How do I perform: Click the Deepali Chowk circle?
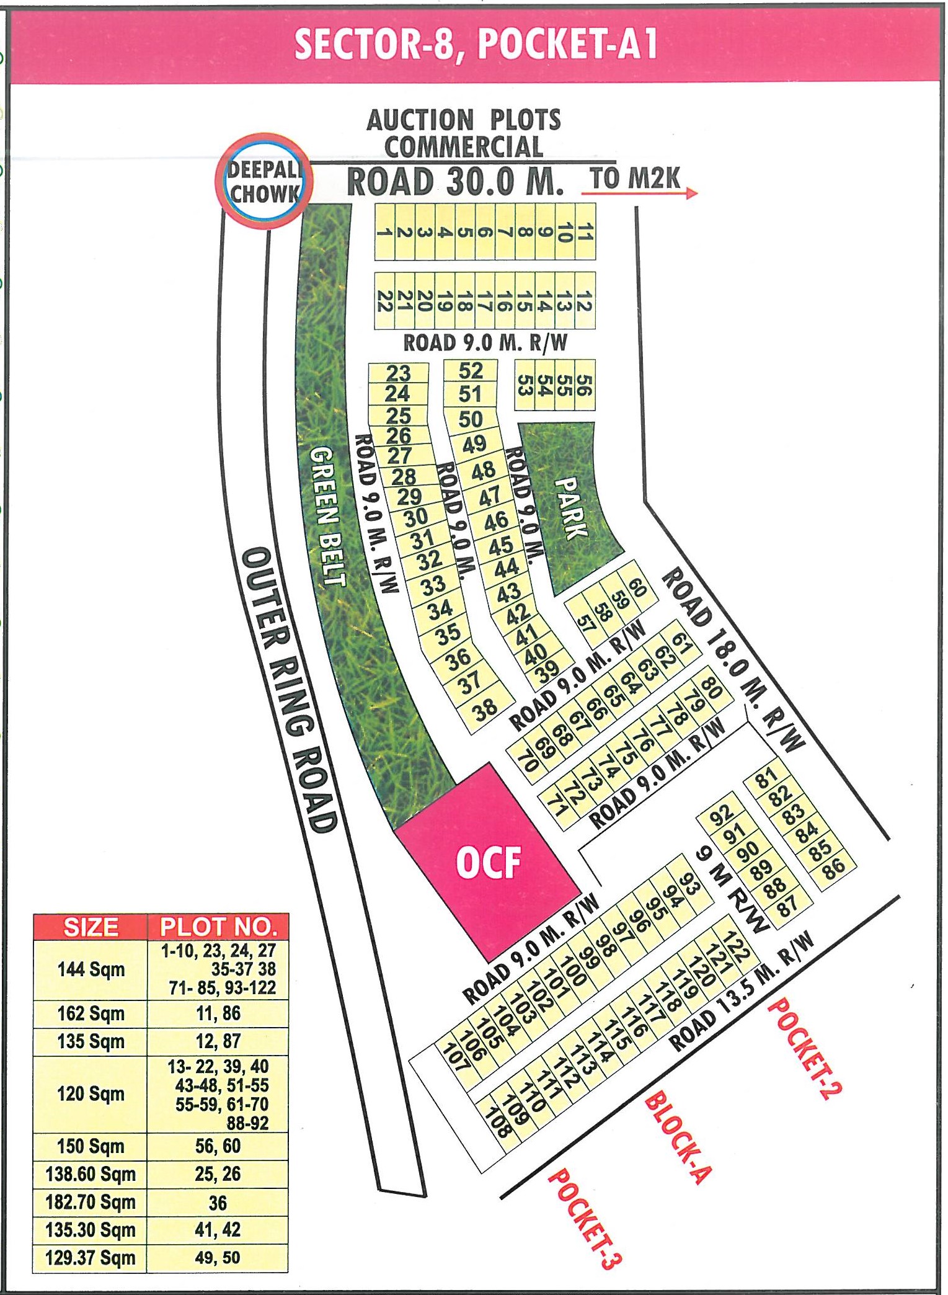[x=264, y=182]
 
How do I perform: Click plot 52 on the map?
[x=471, y=371]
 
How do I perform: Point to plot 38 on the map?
[x=486, y=708]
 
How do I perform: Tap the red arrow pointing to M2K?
[x=639, y=194]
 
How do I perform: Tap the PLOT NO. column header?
[x=218, y=927]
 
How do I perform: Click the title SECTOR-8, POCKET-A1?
[x=476, y=45]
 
